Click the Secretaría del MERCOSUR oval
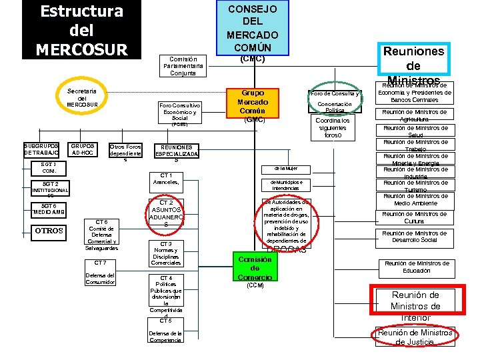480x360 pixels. (82, 98)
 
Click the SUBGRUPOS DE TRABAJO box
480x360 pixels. (41, 150)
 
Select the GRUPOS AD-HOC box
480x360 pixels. (83, 150)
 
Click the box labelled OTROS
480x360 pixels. (48, 231)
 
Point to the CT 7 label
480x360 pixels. (101, 263)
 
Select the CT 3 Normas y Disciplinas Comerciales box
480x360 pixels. (166, 253)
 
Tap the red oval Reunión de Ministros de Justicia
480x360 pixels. (415, 337)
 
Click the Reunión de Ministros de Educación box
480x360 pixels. (416, 267)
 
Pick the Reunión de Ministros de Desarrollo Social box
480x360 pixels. (415, 236)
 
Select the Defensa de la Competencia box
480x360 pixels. (165, 337)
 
